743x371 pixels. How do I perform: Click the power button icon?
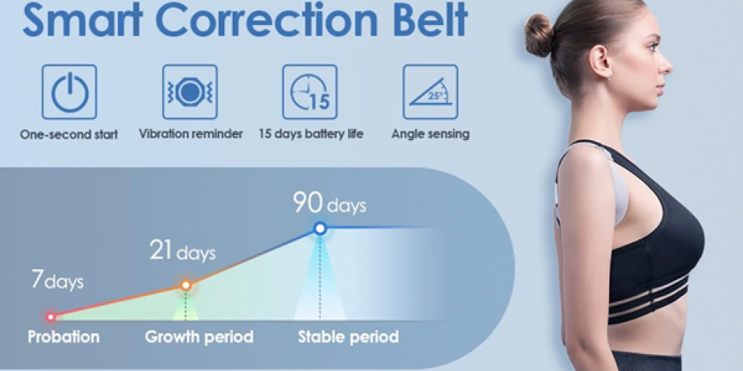(x=69, y=93)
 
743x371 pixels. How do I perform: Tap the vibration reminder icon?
(x=189, y=93)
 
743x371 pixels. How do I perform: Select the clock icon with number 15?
(x=310, y=93)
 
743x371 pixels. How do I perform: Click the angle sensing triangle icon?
(x=430, y=93)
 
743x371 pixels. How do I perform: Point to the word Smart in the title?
(x=82, y=20)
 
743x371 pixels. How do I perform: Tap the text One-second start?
(x=69, y=134)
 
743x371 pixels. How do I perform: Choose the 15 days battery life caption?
(x=311, y=134)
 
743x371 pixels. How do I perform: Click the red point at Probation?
(x=51, y=317)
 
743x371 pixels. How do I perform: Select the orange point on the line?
(x=185, y=286)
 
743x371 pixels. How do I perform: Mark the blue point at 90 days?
(x=320, y=229)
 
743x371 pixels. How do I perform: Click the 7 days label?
(x=57, y=280)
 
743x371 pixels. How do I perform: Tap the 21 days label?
(x=182, y=252)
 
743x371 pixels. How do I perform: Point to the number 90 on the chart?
(x=308, y=202)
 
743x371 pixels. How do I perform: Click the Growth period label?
(x=199, y=337)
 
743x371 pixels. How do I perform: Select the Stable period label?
(x=348, y=337)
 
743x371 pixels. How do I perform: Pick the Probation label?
(x=64, y=337)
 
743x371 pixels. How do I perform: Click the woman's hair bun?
(x=538, y=36)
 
